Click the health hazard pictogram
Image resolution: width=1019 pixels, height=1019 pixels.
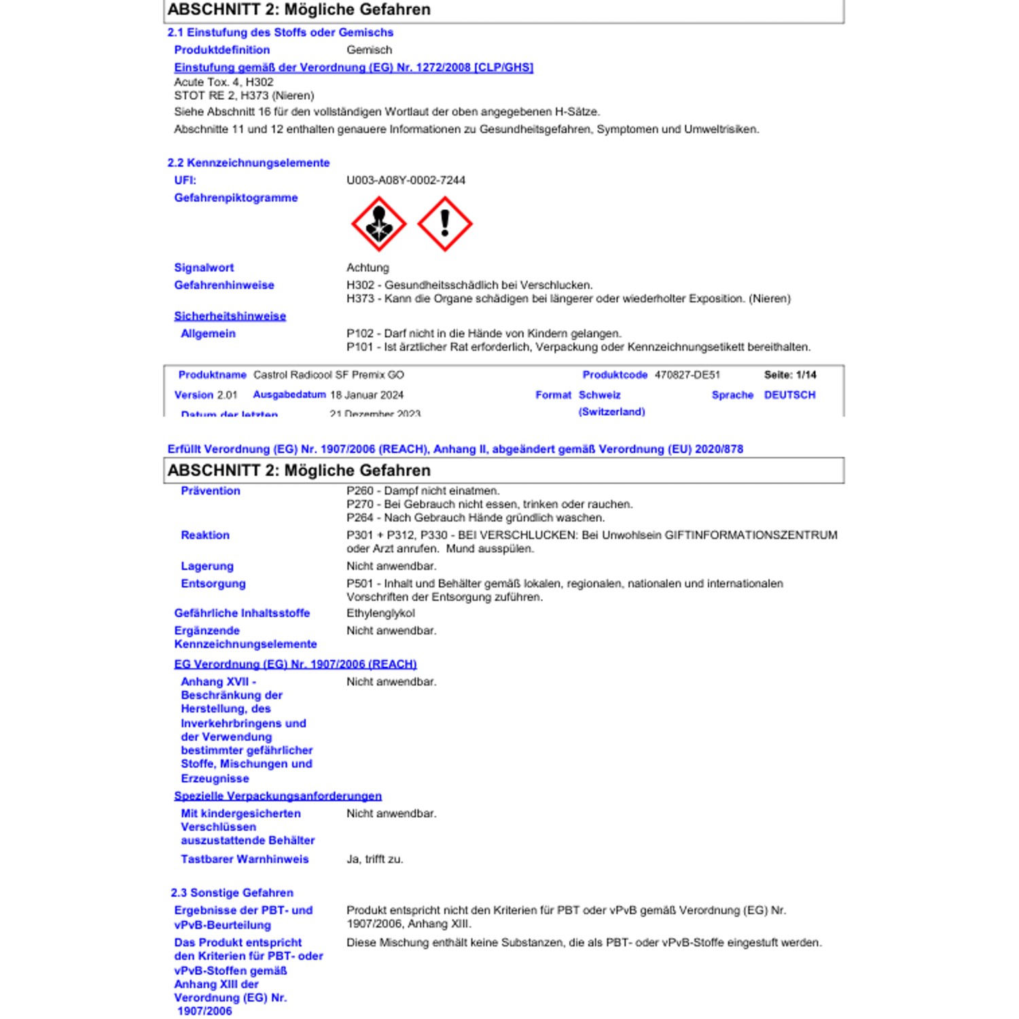[378, 224]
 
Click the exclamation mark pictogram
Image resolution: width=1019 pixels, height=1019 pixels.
[444, 224]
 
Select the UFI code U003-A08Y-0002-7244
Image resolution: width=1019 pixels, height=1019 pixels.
[406, 180]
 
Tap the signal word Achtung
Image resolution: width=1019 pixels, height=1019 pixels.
[368, 268]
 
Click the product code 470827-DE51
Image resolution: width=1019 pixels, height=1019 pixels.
[687, 375]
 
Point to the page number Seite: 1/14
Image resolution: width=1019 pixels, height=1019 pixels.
[789, 375]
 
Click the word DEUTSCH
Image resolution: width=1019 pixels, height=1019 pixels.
[789, 395]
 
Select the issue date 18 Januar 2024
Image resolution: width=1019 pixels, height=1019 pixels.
[366, 395]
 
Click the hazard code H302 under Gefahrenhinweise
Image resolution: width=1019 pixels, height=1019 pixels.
[360, 285]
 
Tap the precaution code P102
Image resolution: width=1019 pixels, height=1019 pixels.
[360, 334]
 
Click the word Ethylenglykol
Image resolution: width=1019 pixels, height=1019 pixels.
[380, 613]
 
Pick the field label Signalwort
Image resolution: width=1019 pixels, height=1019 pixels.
[204, 268]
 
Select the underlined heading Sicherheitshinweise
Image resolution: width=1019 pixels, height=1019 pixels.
[230, 316]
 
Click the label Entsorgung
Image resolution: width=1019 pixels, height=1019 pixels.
[213, 584]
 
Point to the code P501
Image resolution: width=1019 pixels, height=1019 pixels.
[360, 584]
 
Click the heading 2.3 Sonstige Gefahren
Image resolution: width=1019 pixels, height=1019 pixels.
[232, 893]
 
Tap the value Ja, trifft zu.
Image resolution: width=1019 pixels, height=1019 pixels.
[374, 859]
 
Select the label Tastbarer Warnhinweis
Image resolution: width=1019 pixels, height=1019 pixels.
[245, 859]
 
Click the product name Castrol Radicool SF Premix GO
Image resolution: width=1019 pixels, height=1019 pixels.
[328, 375]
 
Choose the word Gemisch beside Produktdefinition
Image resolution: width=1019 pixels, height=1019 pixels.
[369, 50]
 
